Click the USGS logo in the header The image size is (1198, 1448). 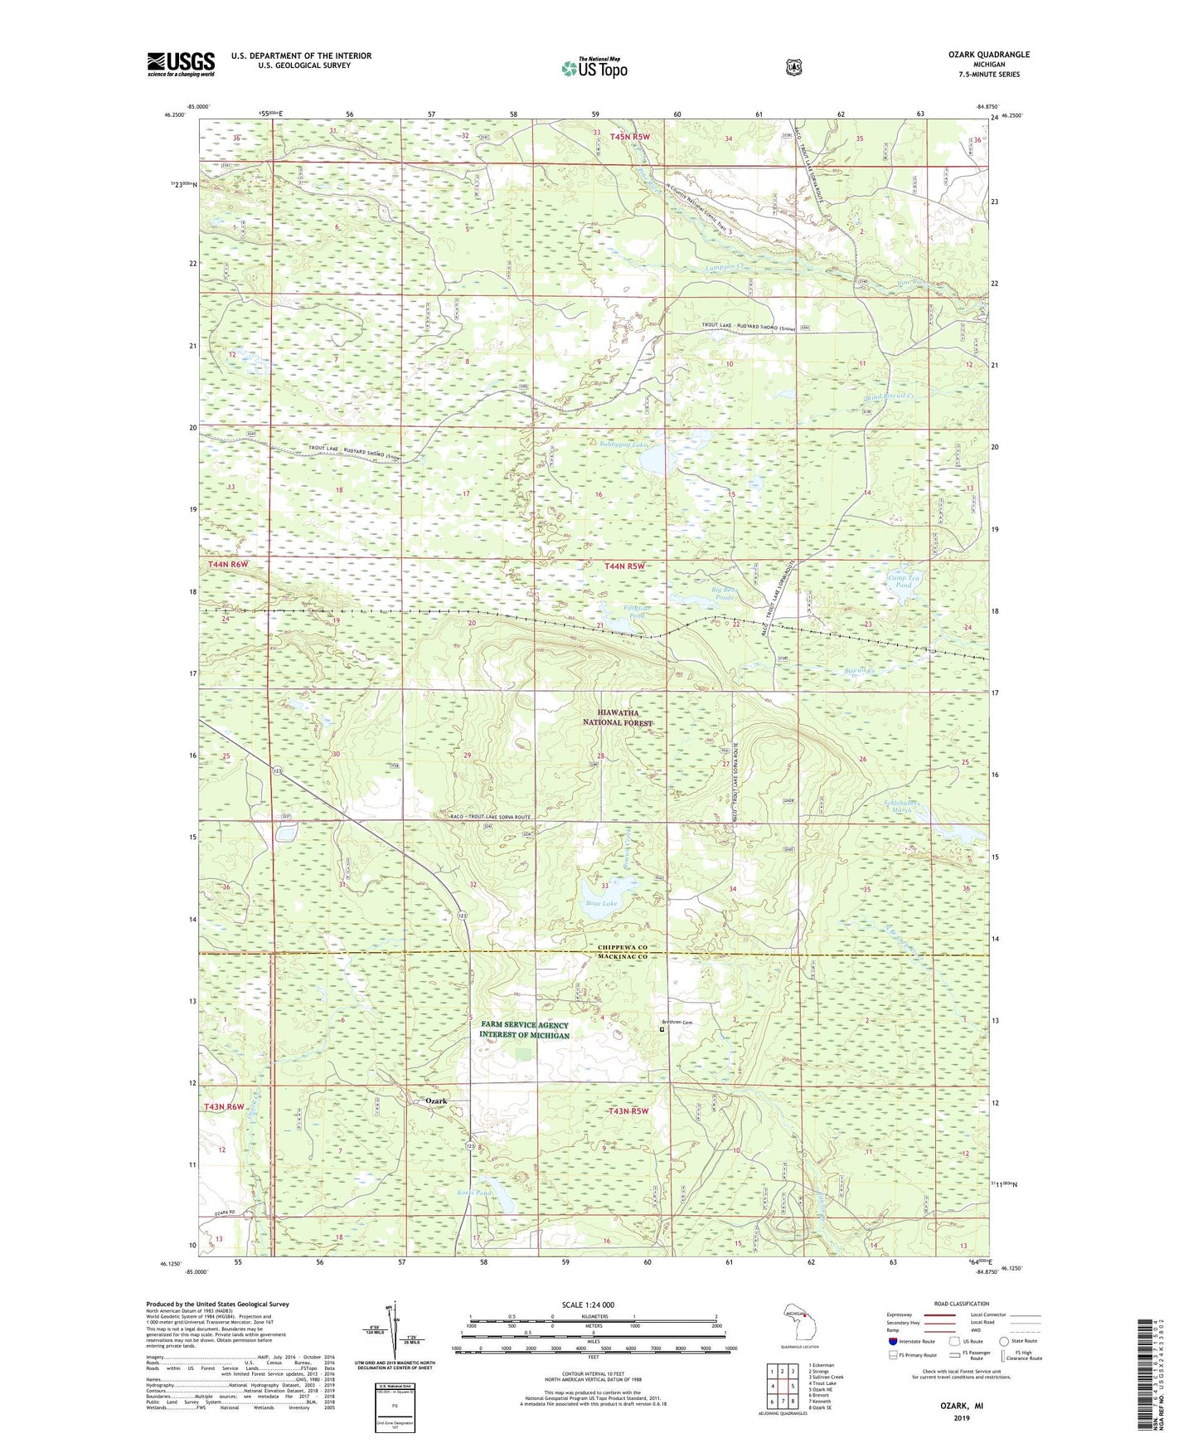tap(181, 64)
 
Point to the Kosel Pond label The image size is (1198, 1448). tap(474, 1193)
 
